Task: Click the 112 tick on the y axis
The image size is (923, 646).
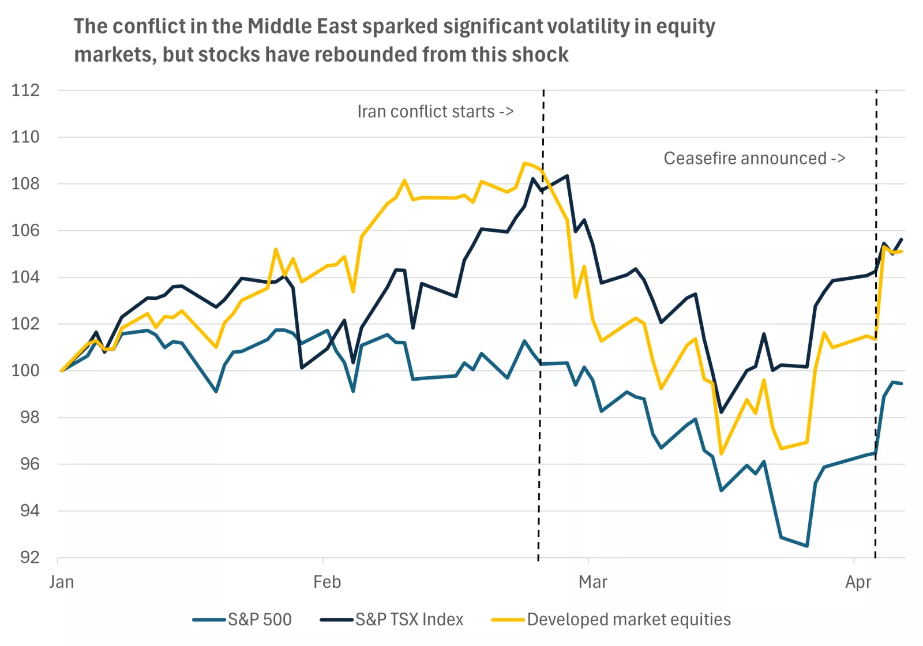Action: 25,90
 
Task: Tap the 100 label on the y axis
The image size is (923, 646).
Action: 25,370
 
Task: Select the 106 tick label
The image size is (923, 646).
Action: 25,230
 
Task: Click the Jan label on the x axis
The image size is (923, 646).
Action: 62,582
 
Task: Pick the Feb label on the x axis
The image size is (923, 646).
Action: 327,582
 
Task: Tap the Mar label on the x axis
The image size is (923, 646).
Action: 592,582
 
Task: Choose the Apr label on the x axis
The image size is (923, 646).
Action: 858,582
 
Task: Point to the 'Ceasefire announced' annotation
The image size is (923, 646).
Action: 754,158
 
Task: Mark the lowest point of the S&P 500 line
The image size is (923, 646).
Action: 806,546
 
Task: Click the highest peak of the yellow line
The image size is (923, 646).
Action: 524,163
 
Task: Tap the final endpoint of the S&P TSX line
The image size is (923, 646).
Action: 902,239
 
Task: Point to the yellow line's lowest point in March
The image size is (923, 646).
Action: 721,453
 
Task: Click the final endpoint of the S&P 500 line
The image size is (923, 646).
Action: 902,384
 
